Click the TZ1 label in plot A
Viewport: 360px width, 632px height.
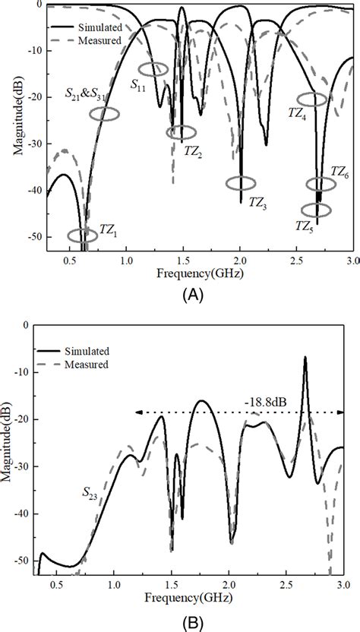[x=109, y=229]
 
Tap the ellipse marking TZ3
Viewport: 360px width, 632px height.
[x=242, y=183]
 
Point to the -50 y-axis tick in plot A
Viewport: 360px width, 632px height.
[x=34, y=237]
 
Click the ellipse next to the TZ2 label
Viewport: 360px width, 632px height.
[x=181, y=133]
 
